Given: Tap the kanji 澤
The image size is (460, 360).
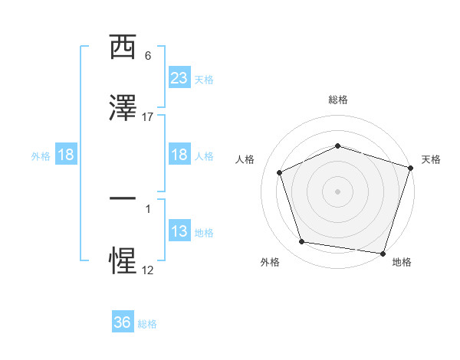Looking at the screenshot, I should coord(123,109).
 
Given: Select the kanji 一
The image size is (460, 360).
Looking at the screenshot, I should coord(123,198).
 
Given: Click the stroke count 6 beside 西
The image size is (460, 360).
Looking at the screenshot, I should coord(147,56).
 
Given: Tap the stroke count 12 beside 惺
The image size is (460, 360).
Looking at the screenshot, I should coord(147,269).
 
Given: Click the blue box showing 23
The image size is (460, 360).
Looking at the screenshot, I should coord(179,77).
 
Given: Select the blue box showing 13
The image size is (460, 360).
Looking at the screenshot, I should coord(179,231).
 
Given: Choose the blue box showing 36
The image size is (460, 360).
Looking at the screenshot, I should coord(123,322).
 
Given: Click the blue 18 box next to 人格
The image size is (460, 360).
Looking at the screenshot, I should coord(179,155).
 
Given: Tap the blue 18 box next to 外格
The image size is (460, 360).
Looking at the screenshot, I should coord(66,155).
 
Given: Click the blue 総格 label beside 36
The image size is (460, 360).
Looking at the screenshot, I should coord(147,324).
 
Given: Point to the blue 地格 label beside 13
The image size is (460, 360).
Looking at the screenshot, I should coord(204,233).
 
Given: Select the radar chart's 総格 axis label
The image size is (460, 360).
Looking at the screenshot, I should coord(337,100).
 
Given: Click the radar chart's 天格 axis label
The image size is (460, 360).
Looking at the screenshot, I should coord(431,159).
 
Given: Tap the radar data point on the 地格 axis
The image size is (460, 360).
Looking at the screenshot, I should coord(383,253).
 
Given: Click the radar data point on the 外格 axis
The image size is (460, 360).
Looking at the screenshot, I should coord(302,242).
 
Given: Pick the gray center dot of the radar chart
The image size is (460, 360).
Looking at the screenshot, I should coord(337,191).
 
